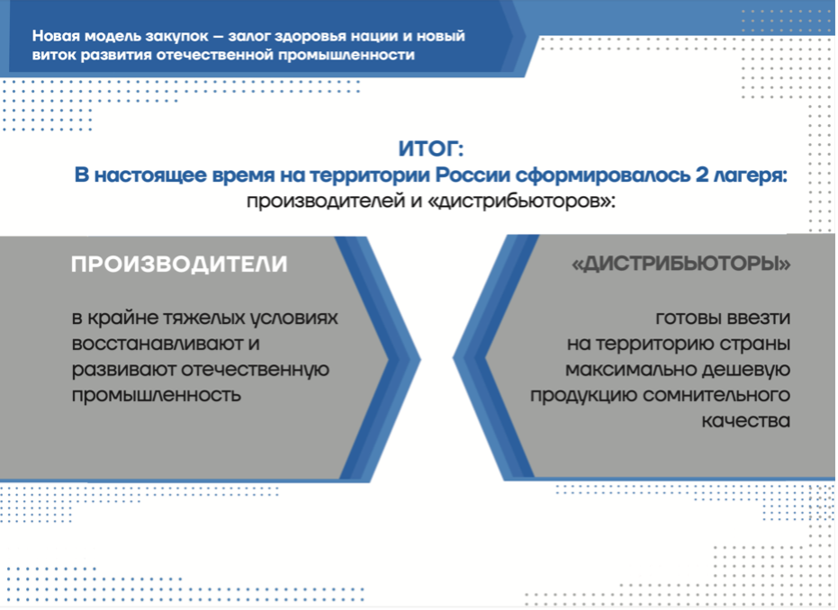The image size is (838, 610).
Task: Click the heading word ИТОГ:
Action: (431, 148)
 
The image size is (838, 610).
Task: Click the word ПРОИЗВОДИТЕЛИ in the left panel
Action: (179, 265)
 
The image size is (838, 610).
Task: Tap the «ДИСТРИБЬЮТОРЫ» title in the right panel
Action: (680, 264)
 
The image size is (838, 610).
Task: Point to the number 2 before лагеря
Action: (701, 175)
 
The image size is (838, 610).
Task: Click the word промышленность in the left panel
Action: (156, 396)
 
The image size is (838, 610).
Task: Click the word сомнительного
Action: (716, 395)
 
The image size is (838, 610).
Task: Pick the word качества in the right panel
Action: (746, 421)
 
